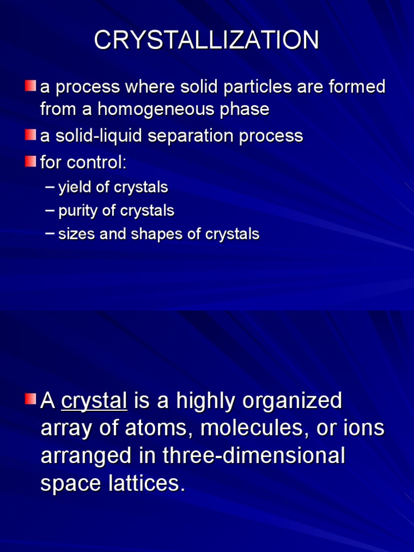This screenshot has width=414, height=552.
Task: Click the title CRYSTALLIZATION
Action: coord(206,40)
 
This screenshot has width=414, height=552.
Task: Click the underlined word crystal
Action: coord(94,401)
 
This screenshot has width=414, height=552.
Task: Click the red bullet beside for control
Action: coord(30,161)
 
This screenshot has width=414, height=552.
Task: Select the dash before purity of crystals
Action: coord(50,211)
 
